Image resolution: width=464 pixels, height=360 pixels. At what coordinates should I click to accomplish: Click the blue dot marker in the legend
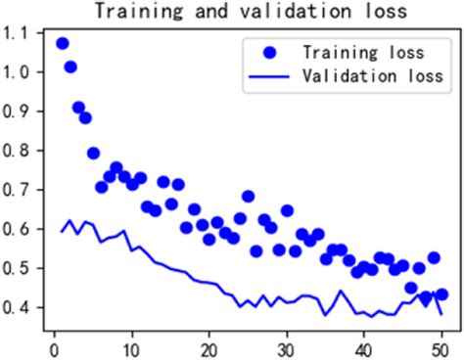[x=271, y=51]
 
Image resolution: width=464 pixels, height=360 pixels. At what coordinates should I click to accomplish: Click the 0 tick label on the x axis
[x=54, y=346]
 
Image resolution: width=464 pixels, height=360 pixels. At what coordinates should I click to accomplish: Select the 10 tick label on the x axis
[x=131, y=346]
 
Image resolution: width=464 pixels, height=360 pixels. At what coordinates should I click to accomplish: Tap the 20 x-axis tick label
[x=209, y=346]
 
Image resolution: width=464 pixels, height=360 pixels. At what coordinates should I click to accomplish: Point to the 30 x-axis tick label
[x=286, y=346]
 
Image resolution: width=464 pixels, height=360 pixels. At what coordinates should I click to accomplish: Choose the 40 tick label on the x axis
[x=363, y=346]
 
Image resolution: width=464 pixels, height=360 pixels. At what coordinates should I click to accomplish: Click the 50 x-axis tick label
[x=441, y=346]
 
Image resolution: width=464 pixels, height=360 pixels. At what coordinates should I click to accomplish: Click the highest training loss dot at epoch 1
[x=62, y=44]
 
